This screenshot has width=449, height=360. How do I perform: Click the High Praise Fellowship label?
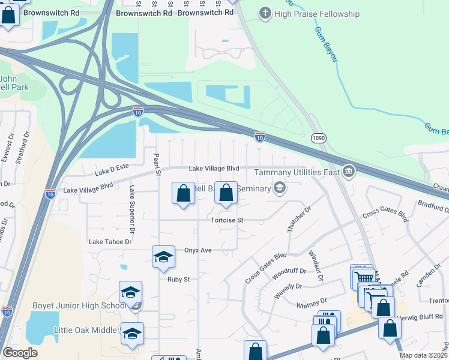(317, 14)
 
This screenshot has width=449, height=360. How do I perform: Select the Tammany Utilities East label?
(297, 172)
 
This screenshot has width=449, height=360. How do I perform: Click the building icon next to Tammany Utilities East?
(349, 172)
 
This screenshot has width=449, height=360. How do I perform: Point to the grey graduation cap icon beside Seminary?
(279, 188)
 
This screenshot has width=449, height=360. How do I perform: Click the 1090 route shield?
(319, 139)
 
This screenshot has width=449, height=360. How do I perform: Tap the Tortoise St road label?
(226, 220)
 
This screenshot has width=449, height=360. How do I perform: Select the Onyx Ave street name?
(198, 250)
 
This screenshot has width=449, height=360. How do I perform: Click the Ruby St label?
(178, 279)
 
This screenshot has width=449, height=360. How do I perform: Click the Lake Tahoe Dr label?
(110, 242)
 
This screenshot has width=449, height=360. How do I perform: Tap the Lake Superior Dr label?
(130, 202)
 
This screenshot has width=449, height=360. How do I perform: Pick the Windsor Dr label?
(316, 266)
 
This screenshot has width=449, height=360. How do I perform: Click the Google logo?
(20, 353)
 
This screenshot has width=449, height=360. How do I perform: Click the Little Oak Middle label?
(86, 330)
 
